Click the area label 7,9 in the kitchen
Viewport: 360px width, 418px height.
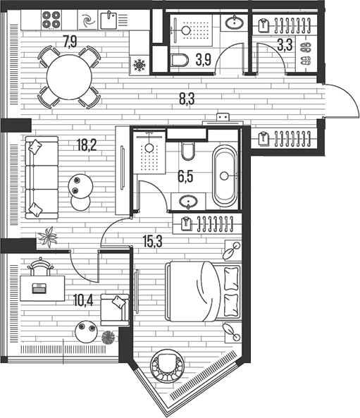(x=70, y=41)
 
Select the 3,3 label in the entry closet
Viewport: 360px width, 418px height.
(x=285, y=47)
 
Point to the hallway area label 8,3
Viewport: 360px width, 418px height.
(x=187, y=99)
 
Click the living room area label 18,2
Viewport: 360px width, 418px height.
(x=87, y=147)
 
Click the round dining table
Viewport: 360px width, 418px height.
(x=69, y=76)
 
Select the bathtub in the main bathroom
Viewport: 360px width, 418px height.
(x=225, y=176)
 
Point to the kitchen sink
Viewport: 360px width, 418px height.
(x=109, y=19)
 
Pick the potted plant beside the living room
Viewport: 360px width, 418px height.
(x=49, y=238)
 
